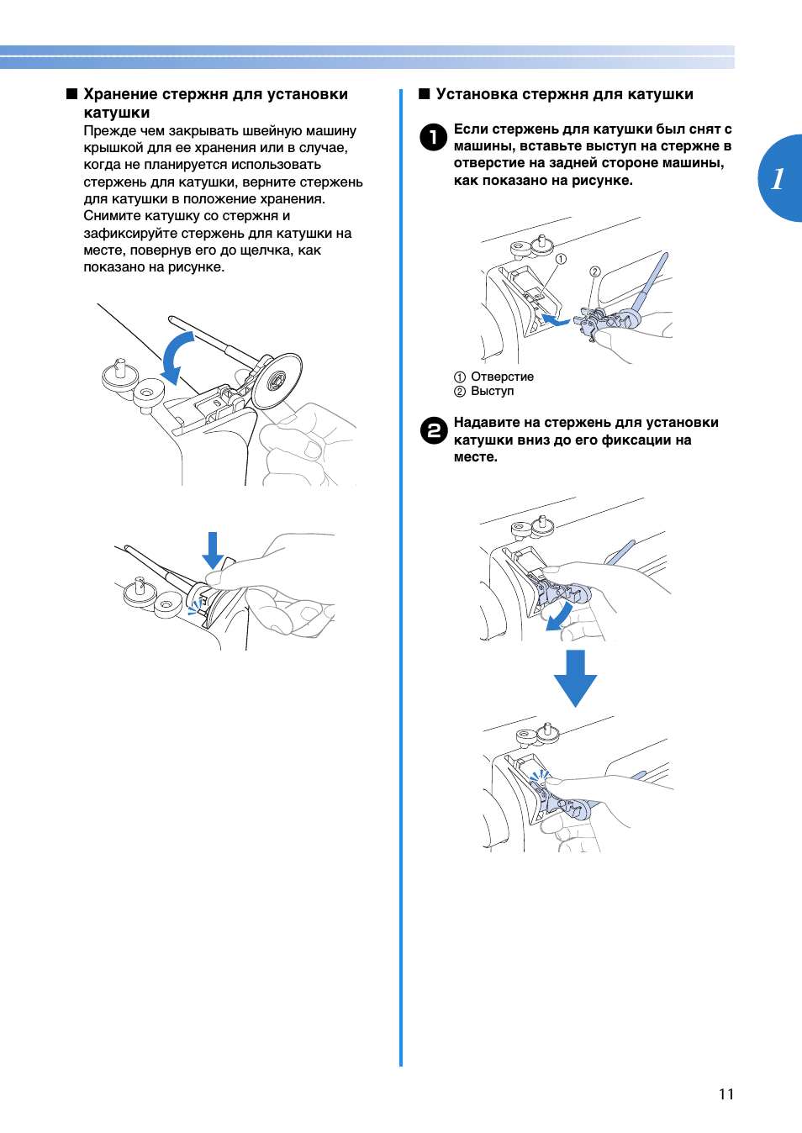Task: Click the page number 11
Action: pyautogui.click(x=726, y=1093)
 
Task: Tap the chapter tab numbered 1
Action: pyautogui.click(x=779, y=178)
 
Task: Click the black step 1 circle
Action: pyautogui.click(x=433, y=136)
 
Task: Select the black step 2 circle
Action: pyautogui.click(x=433, y=430)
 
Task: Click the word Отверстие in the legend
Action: pyautogui.click(x=502, y=377)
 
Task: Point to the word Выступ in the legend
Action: pyautogui.click(x=492, y=391)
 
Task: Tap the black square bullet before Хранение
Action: pyautogui.click(x=72, y=94)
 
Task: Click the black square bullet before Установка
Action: pyautogui.click(x=425, y=94)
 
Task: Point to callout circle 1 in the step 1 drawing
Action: pyautogui.click(x=561, y=259)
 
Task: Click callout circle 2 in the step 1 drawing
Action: pyautogui.click(x=594, y=271)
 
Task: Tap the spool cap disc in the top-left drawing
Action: pyautogui.click(x=277, y=381)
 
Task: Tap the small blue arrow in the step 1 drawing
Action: pyautogui.click(x=555, y=320)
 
